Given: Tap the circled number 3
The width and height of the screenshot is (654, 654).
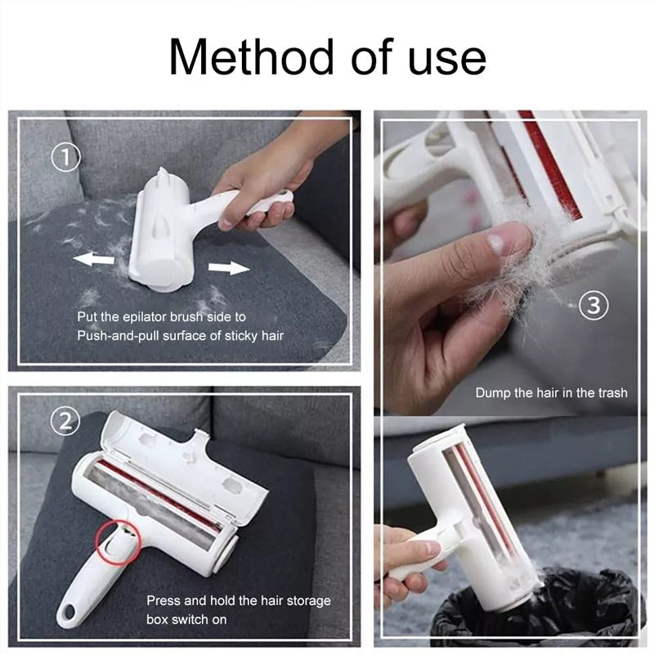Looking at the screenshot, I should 594,306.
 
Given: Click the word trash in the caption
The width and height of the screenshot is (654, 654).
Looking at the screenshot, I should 609,393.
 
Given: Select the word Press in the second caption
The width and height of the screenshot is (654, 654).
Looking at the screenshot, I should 163,601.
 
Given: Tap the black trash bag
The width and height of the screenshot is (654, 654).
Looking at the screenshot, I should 523,613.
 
